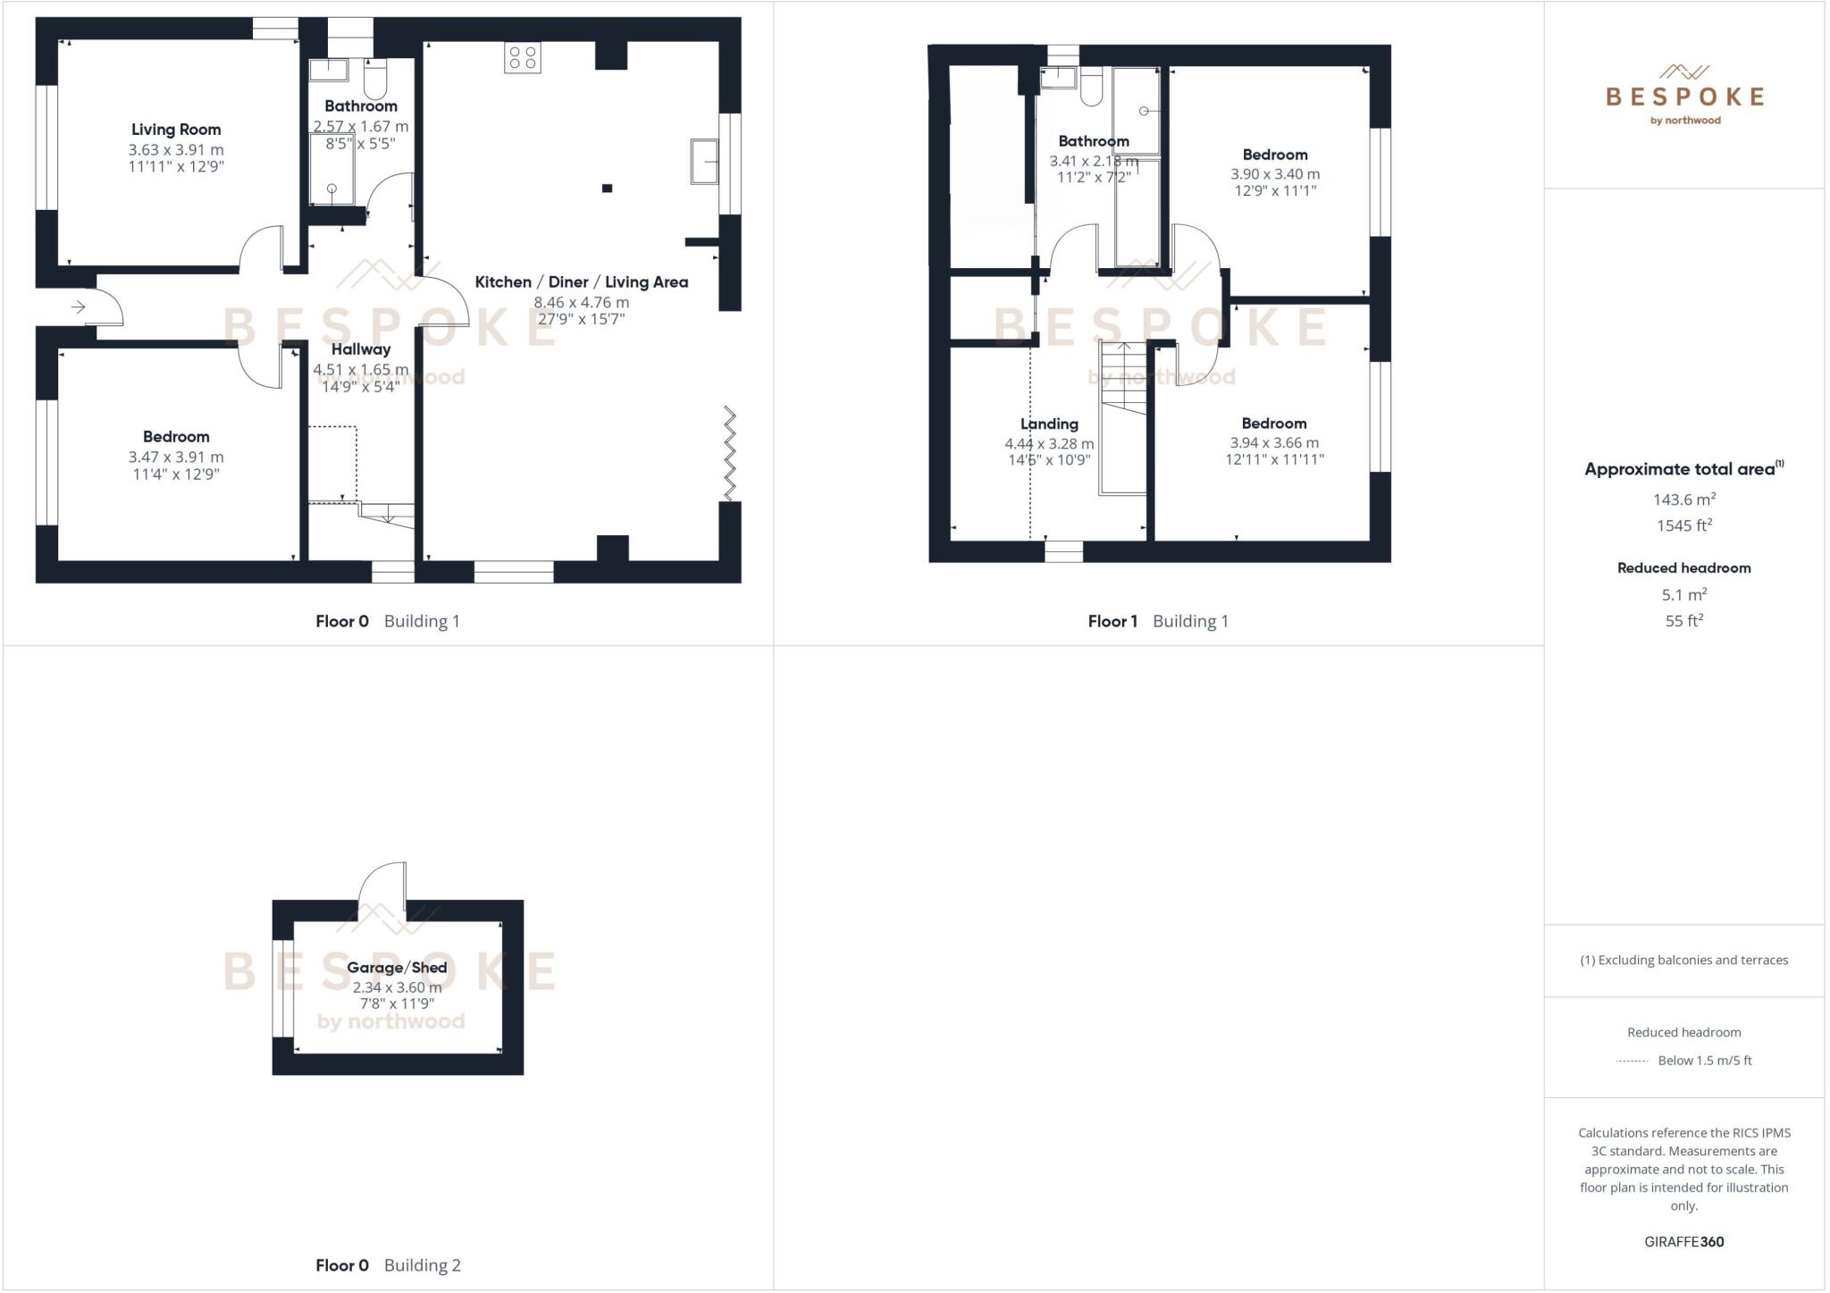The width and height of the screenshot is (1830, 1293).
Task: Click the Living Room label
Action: point(176,130)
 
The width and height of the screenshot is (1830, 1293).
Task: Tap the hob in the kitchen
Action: point(522,59)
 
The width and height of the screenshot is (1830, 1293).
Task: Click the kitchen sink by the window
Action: point(704,162)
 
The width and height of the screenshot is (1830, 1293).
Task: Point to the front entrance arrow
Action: point(78,307)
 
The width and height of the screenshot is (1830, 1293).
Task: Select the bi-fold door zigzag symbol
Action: point(730,453)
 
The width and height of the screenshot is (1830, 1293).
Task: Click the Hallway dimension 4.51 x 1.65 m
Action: point(360,369)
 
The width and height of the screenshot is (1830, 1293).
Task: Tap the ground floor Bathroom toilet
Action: point(375,79)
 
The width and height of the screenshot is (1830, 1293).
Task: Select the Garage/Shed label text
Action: point(397,967)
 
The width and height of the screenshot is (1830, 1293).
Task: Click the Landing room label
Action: point(1049,424)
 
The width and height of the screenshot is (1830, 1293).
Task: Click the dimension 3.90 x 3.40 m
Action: point(1274,174)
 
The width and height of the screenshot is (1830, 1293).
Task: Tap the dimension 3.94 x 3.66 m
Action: point(1273,442)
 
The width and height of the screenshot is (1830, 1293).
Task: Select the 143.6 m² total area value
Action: point(1683,500)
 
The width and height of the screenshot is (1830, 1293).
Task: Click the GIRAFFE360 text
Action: point(1683,1241)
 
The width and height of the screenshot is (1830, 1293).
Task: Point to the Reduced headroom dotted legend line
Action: point(1632,1061)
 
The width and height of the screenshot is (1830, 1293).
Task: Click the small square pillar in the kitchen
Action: point(607,188)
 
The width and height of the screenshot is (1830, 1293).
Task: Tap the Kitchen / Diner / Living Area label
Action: point(581,282)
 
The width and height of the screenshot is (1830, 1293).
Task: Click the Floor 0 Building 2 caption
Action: point(388,1264)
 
